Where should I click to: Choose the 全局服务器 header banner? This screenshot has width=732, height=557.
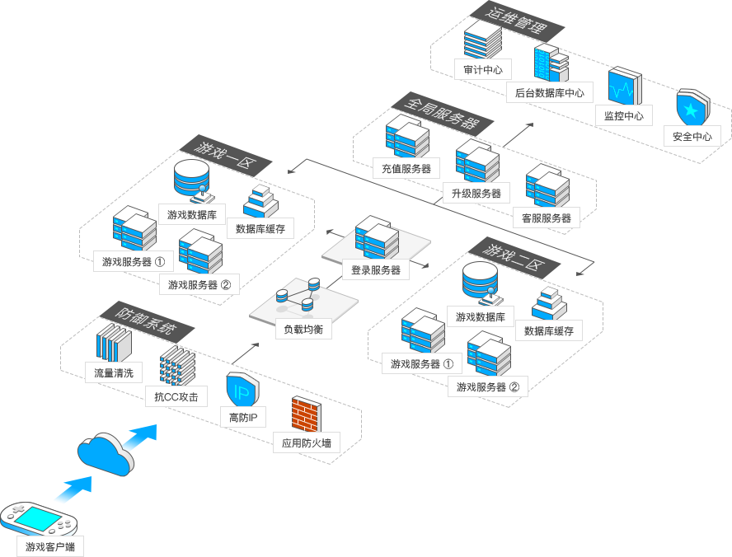pyautogui.click(x=443, y=113)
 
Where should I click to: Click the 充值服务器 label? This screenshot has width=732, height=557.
pyautogui.click(x=406, y=169)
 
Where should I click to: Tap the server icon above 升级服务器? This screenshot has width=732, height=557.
pyautogui.click(x=477, y=161)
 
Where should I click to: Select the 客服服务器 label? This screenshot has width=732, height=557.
pyautogui.click(x=547, y=218)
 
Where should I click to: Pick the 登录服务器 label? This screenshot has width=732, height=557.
pyautogui.click(x=376, y=269)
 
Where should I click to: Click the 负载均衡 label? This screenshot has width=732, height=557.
pyautogui.click(x=303, y=330)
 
